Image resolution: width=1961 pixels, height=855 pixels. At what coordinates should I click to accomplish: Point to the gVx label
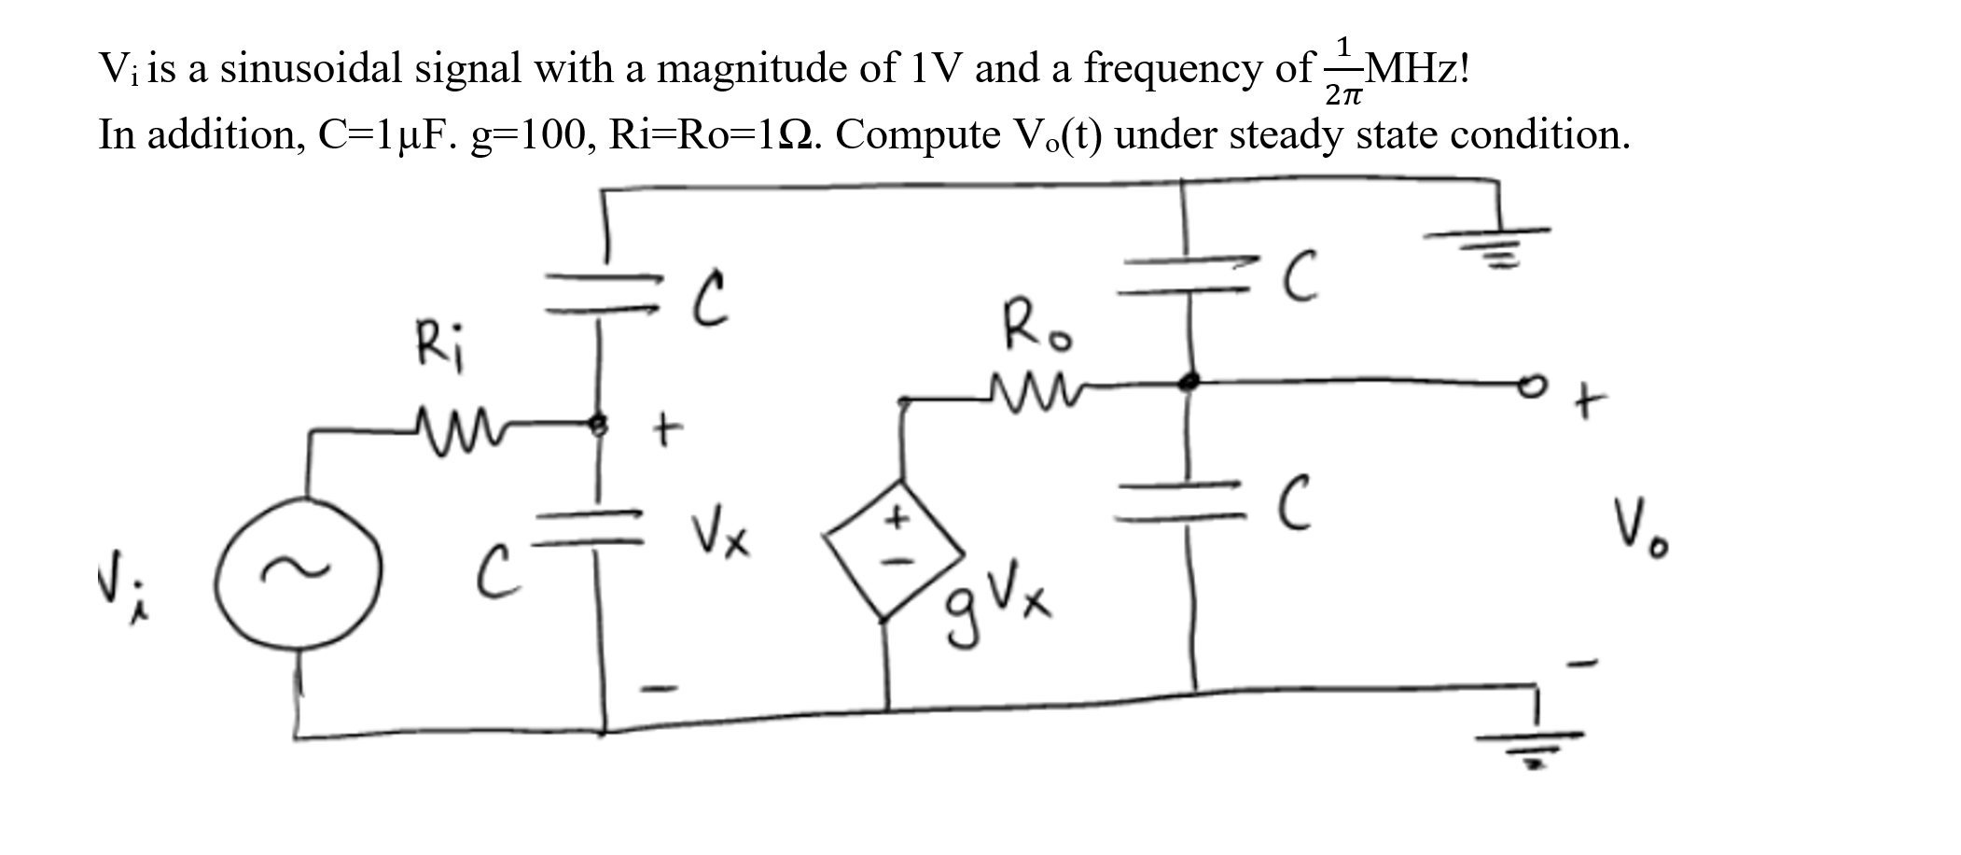(996, 604)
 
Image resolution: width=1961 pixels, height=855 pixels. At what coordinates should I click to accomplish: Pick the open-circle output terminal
(1529, 384)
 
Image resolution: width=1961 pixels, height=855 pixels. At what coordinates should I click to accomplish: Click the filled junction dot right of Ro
(1188, 381)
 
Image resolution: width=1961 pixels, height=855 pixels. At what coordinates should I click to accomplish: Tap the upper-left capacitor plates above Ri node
(602, 291)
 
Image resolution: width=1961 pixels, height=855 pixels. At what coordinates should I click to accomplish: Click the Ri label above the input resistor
(442, 343)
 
